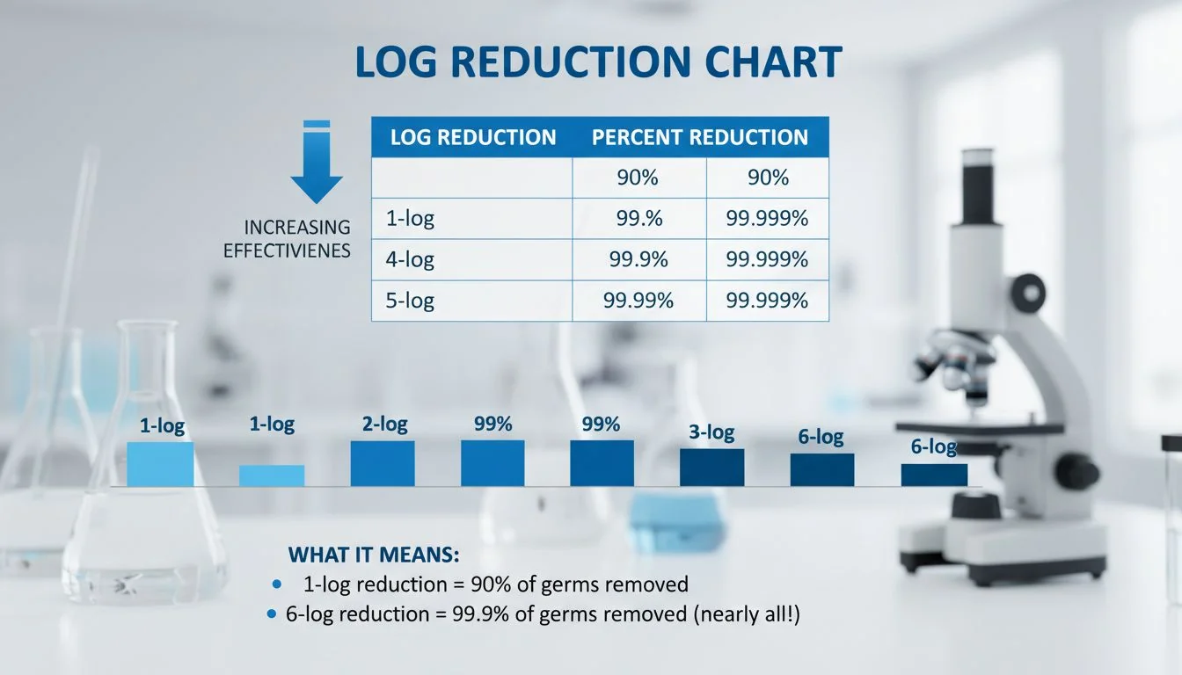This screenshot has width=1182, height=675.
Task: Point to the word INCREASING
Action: pyautogui.click(x=297, y=229)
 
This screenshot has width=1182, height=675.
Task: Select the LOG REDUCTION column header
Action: pyautogui.click(x=472, y=138)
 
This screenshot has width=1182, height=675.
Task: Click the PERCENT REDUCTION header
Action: pyautogui.click(x=699, y=138)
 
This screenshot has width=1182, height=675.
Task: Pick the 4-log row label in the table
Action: pyautogui.click(x=410, y=259)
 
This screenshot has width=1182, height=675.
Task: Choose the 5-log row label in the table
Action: pyautogui.click(x=410, y=301)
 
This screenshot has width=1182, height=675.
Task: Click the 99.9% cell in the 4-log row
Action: pyautogui.click(x=638, y=259)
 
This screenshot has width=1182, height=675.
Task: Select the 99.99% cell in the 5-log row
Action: pyautogui.click(x=638, y=301)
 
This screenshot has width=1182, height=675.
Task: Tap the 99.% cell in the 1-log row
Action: pyautogui.click(x=638, y=219)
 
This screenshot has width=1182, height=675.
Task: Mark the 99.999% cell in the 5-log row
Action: pyautogui.click(x=767, y=301)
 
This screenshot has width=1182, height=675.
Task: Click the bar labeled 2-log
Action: pyautogui.click(x=383, y=463)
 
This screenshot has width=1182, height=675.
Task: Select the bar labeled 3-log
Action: pyautogui.click(x=711, y=468)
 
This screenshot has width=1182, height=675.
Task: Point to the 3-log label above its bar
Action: pyautogui.click(x=711, y=433)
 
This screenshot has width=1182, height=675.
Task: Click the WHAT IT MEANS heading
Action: pyautogui.click(x=374, y=555)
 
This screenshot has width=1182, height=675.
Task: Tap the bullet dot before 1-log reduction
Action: pyautogui.click(x=278, y=584)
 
